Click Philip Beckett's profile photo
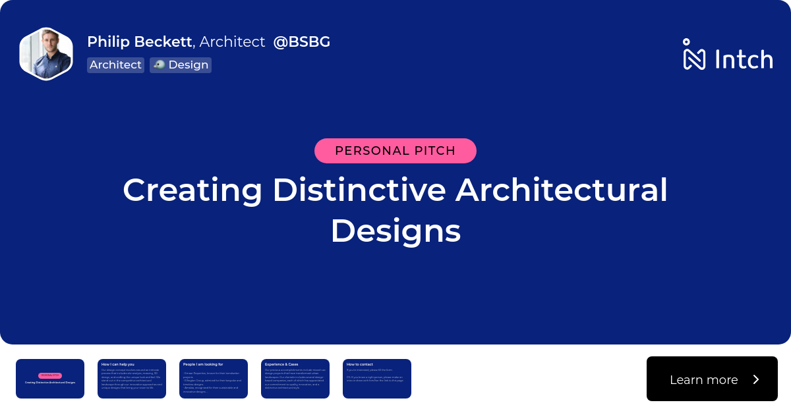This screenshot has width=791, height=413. point(46,54)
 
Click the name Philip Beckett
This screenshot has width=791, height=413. point(140,41)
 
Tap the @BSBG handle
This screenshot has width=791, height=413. point(302,41)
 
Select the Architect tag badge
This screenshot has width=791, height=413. point(115,65)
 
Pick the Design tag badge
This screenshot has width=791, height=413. point(181,65)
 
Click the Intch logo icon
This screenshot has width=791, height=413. point(694,55)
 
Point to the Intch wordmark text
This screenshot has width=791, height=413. point(744,59)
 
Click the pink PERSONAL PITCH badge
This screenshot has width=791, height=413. point(395,151)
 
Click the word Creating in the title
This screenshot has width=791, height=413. point(192,190)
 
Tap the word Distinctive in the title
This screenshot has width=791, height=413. point(359,190)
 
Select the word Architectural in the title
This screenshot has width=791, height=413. point(562,190)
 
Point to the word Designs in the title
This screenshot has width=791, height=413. point(395,232)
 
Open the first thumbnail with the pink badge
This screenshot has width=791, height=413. point(50,379)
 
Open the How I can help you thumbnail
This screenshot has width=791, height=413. point(132,379)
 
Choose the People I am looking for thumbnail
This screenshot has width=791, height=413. point(214,379)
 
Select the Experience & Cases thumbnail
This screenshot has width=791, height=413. point(295,379)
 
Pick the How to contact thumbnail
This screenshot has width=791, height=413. point(377,379)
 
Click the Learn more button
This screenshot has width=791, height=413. point(704,379)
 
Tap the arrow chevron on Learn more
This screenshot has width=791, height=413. point(756,379)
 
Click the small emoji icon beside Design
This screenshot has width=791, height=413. point(159,65)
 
